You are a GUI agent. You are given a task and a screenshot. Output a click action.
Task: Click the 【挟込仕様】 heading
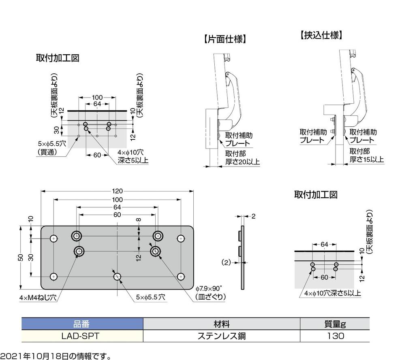point(321,35)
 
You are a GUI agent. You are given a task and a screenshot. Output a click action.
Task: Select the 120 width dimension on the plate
point(118,191)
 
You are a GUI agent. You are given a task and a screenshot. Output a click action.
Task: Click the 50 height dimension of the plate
point(21,257)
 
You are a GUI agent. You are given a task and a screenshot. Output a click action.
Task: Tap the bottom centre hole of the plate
point(117,277)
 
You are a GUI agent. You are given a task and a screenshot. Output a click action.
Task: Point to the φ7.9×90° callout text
point(210,288)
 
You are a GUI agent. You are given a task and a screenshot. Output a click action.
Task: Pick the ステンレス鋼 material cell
point(222,336)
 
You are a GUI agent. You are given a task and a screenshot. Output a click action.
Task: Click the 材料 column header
point(222,324)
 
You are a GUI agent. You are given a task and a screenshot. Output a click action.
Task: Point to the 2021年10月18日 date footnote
point(56,356)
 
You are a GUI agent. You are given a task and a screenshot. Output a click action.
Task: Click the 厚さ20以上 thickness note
point(242,162)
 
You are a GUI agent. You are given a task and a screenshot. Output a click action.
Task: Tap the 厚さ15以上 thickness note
point(366,159)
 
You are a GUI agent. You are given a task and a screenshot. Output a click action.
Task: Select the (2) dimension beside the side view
point(226,262)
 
